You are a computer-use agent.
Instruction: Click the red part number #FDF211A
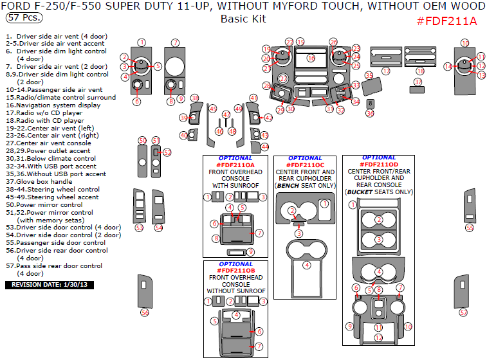tap(446, 21)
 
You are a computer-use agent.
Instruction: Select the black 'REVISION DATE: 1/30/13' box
tap(50, 284)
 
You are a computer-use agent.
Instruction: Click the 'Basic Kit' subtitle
tap(243, 19)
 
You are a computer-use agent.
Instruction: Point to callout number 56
tap(145, 312)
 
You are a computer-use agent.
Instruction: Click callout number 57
tap(462, 312)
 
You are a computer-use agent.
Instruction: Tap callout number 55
tap(470, 228)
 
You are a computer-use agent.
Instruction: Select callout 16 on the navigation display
tap(311, 58)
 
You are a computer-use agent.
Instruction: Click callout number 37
tap(418, 82)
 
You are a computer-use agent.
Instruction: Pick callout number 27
tap(283, 78)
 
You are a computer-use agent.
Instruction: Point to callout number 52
tap(167, 153)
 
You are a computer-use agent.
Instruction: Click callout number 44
tap(264, 147)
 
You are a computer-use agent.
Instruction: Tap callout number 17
tap(386, 71)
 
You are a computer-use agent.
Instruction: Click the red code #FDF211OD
tap(379, 165)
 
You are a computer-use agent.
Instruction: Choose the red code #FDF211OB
tap(235, 271)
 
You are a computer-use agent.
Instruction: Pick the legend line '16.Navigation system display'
tap(53, 105)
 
